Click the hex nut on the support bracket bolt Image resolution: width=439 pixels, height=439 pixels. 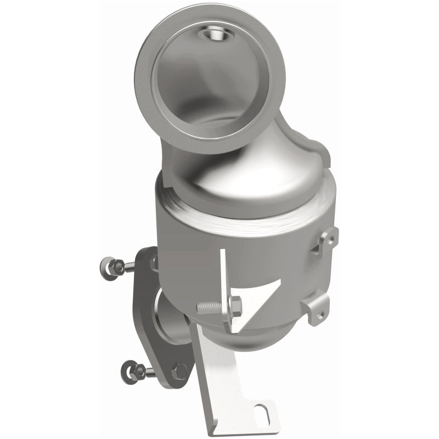(235, 305)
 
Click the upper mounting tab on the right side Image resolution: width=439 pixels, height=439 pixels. (327, 240)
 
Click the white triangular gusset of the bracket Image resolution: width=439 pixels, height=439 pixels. (258, 302)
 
